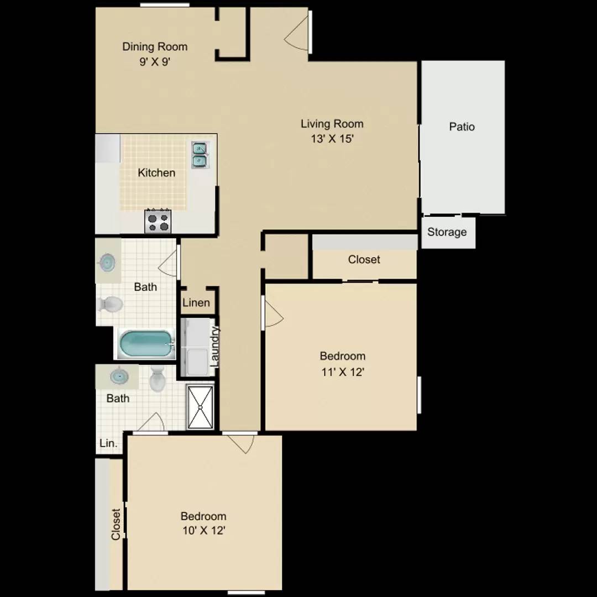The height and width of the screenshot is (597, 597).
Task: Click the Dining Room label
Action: pyautogui.click(x=155, y=47)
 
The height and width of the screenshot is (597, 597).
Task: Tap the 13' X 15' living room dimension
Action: pyautogui.click(x=332, y=139)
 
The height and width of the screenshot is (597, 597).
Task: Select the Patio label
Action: pyautogui.click(x=462, y=127)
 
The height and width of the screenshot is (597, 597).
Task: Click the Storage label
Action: pyautogui.click(x=447, y=232)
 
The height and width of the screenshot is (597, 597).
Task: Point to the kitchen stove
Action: pyautogui.click(x=158, y=221)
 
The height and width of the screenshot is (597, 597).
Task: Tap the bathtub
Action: pyautogui.click(x=146, y=343)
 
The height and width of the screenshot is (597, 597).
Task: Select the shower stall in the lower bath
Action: pyautogui.click(x=200, y=407)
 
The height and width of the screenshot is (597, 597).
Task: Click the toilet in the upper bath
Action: pyautogui.click(x=111, y=304)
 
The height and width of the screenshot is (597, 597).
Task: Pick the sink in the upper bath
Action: pyautogui.click(x=108, y=263)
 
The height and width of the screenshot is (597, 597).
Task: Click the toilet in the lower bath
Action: pyautogui.click(x=157, y=379)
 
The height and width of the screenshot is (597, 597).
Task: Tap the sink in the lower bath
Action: pyautogui.click(x=119, y=376)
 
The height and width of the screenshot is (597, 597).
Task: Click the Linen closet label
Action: pyautogui.click(x=196, y=303)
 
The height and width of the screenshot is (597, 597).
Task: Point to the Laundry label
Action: pyautogui.click(x=214, y=346)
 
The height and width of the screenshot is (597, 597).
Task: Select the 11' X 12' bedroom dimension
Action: pyautogui.click(x=343, y=371)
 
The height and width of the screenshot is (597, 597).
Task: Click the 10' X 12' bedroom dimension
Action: pyautogui.click(x=203, y=530)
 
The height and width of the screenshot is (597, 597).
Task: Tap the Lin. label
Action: pyautogui.click(x=108, y=443)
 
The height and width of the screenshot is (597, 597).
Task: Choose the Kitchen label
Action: pyautogui.click(x=156, y=173)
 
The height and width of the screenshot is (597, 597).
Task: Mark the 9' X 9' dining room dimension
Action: pyautogui.click(x=155, y=62)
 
